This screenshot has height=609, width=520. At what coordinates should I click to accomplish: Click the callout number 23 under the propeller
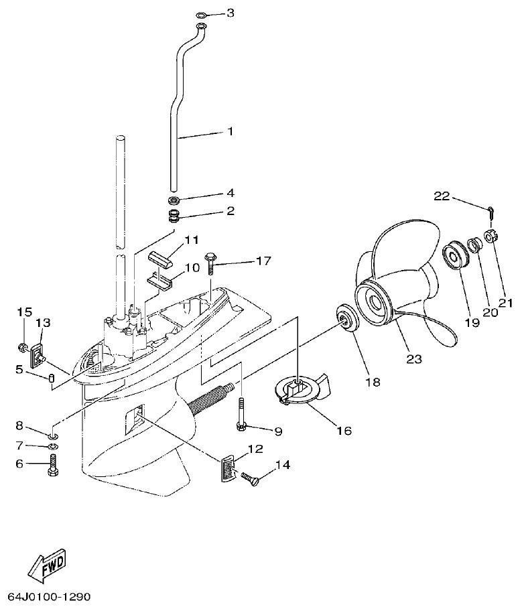pyautogui.click(x=414, y=358)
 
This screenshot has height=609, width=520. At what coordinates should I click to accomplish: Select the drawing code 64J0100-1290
pyautogui.click(x=49, y=596)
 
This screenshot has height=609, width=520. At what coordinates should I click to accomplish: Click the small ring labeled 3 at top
pyautogui.click(x=202, y=13)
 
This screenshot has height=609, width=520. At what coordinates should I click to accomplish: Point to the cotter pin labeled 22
pyautogui.click(x=491, y=212)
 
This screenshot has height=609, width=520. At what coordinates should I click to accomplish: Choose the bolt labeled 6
pyautogui.click(x=53, y=465)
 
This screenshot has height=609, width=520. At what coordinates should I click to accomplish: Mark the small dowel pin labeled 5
pyautogui.click(x=51, y=381)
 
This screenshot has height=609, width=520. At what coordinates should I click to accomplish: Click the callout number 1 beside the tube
pyautogui.click(x=230, y=131)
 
